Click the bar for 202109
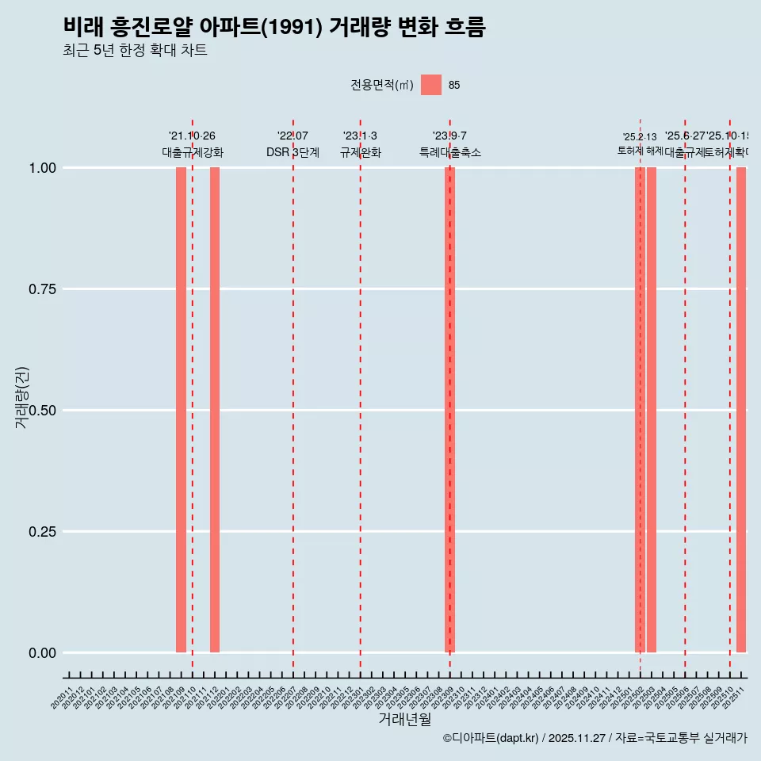(181, 410)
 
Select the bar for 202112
(215, 410)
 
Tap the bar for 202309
(449, 410)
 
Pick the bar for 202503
(652, 410)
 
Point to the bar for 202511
(741, 410)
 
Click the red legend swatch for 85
(431, 85)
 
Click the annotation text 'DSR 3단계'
(293, 153)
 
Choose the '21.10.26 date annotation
(192, 136)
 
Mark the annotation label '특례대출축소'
(450, 153)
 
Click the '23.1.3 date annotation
(360, 136)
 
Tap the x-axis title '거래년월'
(405, 720)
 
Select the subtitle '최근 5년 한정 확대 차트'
(135, 51)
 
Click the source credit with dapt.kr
(595, 739)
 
